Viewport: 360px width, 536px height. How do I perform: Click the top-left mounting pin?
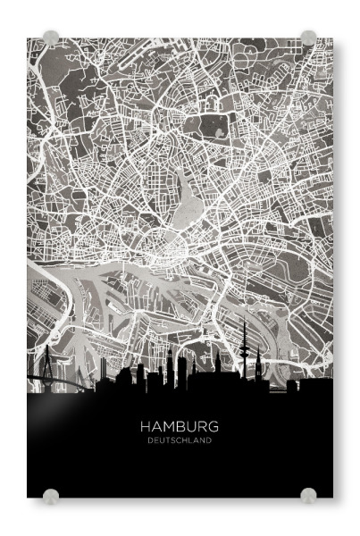click(x=51, y=38)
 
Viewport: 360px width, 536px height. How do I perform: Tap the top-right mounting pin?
click(x=308, y=38)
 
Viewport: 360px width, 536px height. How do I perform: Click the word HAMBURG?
click(x=180, y=427)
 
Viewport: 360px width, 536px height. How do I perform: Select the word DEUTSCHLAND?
click(x=180, y=440)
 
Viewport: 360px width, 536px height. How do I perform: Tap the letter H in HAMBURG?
click(x=146, y=427)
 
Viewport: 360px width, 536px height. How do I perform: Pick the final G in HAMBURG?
click(x=214, y=427)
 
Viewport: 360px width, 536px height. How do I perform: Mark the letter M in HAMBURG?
click(x=167, y=427)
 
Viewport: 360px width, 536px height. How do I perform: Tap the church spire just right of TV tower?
click(x=258, y=363)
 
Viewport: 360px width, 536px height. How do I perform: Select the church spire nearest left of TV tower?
click(x=217, y=361)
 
